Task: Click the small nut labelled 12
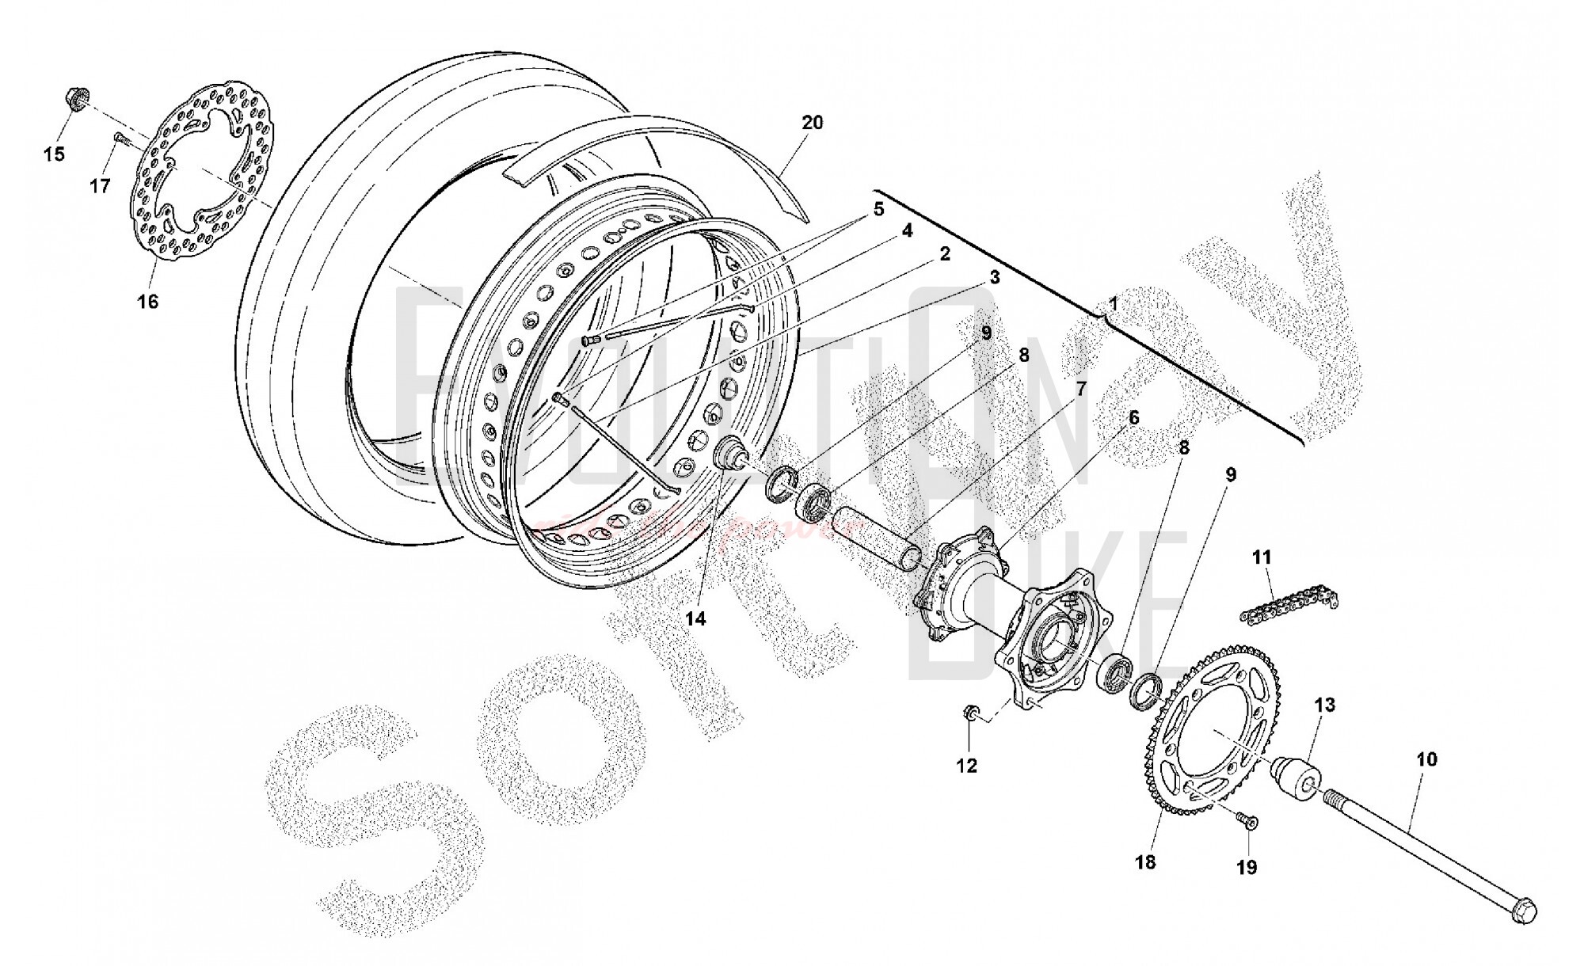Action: click(x=969, y=714)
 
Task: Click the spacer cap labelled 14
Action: click(x=732, y=456)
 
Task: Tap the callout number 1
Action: click(x=1113, y=303)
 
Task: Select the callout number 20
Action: click(x=813, y=123)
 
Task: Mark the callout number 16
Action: click(x=148, y=302)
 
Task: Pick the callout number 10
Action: click(x=1426, y=759)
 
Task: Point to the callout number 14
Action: click(x=695, y=619)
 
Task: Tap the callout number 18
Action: click(x=1145, y=862)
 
